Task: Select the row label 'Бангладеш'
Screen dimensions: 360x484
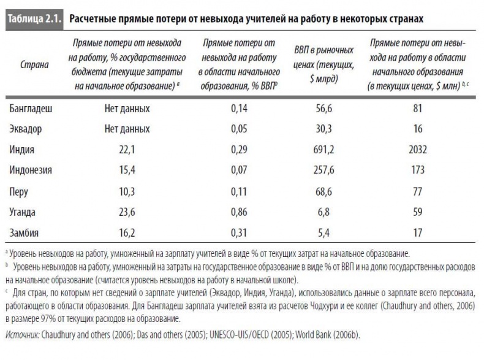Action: [x=31, y=109]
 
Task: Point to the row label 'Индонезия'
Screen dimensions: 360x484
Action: [x=31, y=170]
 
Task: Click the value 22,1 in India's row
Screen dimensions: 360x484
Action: [x=127, y=150]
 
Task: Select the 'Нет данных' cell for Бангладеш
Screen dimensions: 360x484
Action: [x=127, y=109]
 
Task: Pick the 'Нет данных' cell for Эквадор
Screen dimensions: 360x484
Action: [x=127, y=129]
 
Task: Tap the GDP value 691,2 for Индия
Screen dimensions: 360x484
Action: [x=321, y=150]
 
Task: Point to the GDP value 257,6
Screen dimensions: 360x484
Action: [x=321, y=170]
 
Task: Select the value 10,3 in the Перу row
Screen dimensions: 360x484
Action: [x=127, y=191]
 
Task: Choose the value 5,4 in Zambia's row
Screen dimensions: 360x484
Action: [x=321, y=232]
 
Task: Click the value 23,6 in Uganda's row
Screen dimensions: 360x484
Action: [x=127, y=212]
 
